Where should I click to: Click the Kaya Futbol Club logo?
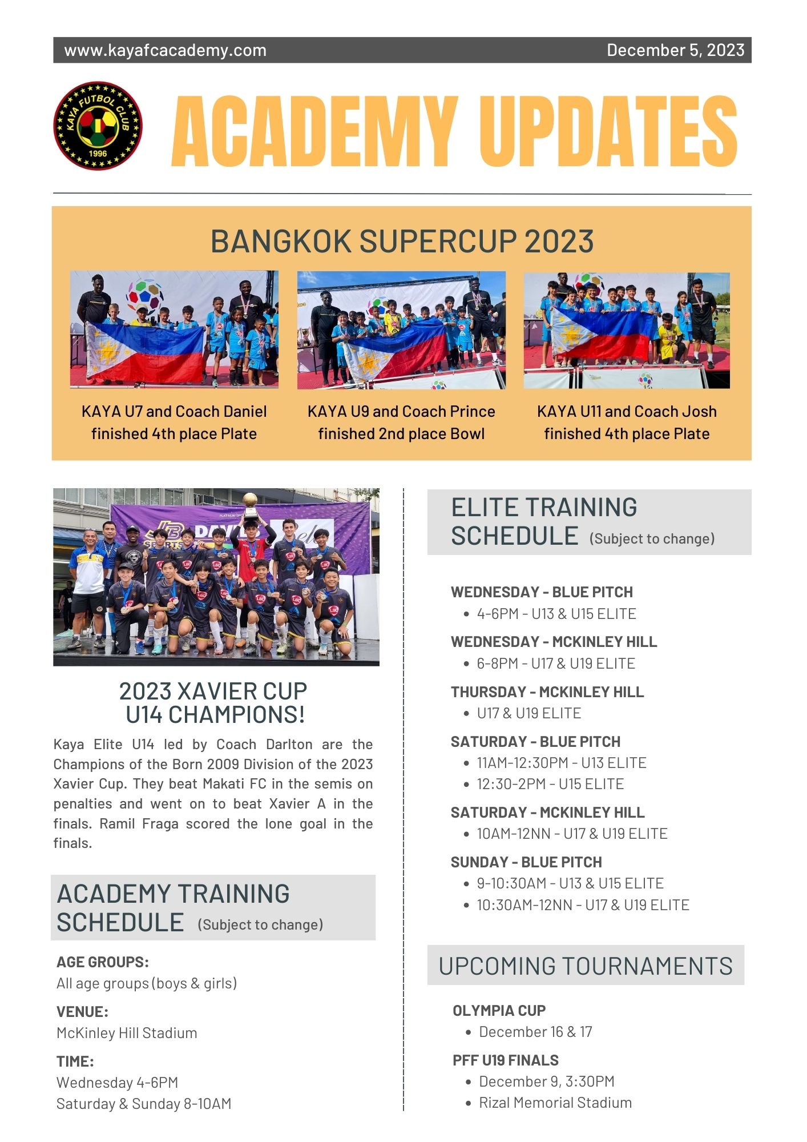[x=98, y=126]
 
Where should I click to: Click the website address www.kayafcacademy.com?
[x=165, y=50]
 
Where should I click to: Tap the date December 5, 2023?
[x=675, y=50]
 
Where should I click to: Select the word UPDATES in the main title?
[x=608, y=132]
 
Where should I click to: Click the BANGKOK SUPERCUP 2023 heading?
[x=402, y=241]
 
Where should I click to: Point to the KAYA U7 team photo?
[x=174, y=329]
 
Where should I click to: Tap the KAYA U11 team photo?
[x=627, y=330]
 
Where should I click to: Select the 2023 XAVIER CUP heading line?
[x=213, y=691]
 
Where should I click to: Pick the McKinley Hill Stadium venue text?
[x=127, y=1033]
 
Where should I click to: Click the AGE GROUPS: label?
[x=103, y=962]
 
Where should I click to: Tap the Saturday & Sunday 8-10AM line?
[x=144, y=1104]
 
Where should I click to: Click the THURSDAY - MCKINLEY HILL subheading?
[x=547, y=692]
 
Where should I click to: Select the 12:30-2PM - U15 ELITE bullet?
[x=550, y=784]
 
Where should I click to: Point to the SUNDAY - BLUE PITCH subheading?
[x=526, y=862]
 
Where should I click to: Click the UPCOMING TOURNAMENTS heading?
[x=586, y=966]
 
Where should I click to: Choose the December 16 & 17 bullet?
[x=535, y=1032]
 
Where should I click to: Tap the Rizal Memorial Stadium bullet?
[x=555, y=1103]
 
